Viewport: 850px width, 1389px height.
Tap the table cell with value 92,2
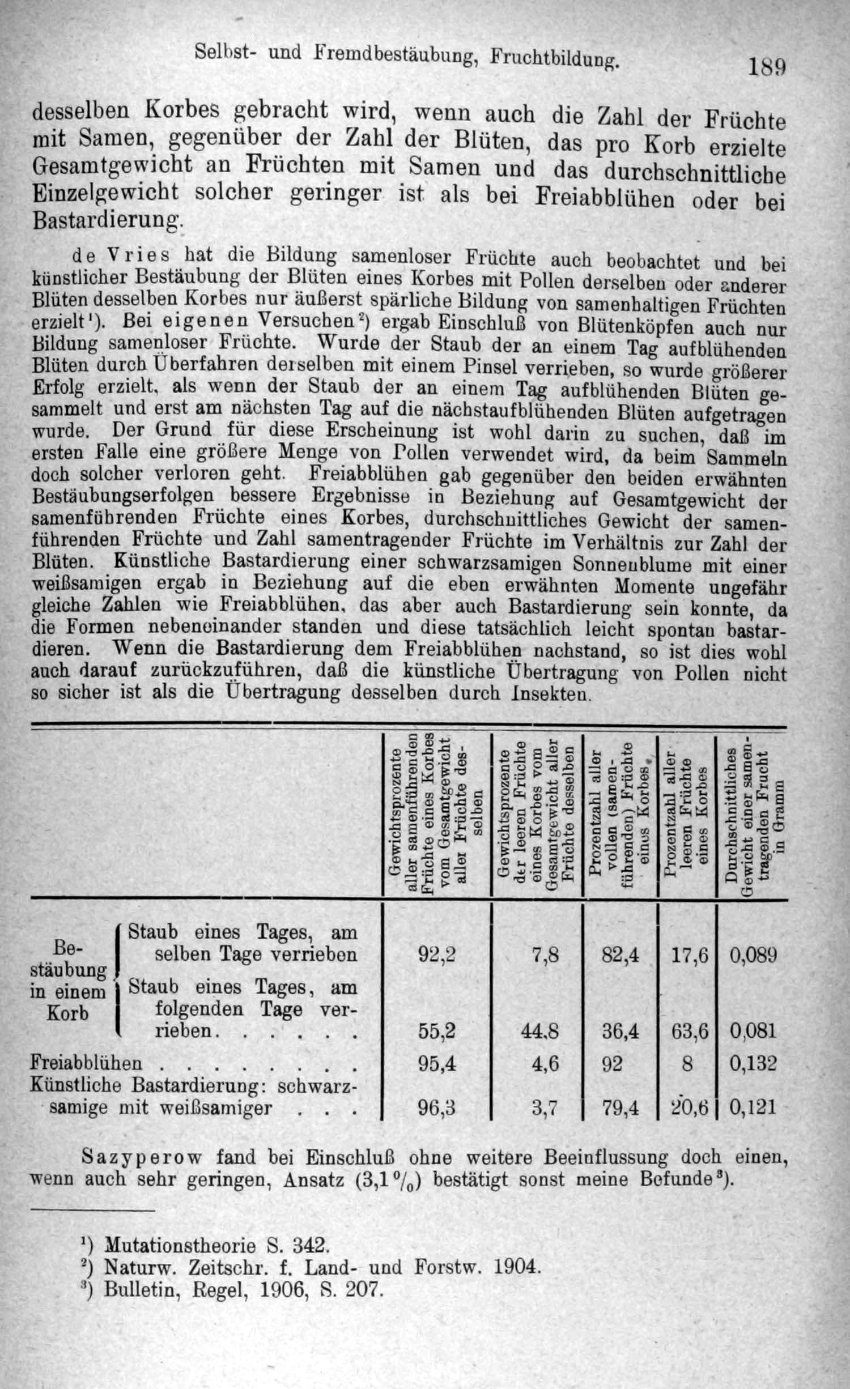point(436,955)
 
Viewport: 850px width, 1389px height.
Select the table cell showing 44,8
point(540,1031)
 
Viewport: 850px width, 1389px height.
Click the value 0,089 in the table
point(753,956)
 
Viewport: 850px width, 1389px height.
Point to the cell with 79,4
point(620,1107)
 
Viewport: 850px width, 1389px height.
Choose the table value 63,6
point(690,1031)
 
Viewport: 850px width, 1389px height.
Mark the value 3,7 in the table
point(545,1107)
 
